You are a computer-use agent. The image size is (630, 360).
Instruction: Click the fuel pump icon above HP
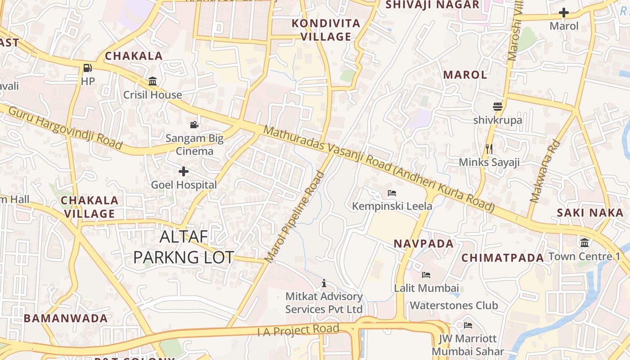(88, 68)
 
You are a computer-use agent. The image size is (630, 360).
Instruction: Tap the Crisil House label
(153, 95)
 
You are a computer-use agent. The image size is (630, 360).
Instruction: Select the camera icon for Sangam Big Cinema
(194, 125)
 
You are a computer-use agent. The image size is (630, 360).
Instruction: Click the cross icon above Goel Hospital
(184, 171)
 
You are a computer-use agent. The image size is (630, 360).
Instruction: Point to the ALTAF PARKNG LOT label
(184, 247)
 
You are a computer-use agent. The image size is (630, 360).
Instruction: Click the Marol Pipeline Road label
(295, 217)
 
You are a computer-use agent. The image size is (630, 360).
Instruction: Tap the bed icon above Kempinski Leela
(392, 193)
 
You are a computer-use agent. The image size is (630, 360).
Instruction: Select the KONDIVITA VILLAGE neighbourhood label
(326, 30)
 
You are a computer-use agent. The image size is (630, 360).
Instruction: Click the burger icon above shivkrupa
(497, 107)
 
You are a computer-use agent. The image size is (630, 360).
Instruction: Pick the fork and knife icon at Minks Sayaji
(489, 148)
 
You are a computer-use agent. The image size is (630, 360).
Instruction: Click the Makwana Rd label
(545, 171)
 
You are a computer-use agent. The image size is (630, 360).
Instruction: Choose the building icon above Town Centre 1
(585, 243)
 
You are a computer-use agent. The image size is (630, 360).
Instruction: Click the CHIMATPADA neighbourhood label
(503, 258)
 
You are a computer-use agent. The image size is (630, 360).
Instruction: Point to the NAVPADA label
(423, 244)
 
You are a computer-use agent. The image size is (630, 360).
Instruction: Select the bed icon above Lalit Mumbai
(426, 274)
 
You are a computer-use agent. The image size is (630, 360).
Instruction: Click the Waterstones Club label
(454, 306)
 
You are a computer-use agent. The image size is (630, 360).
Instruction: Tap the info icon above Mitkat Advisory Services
(324, 283)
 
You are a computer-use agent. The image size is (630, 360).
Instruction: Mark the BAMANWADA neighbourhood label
(66, 319)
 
